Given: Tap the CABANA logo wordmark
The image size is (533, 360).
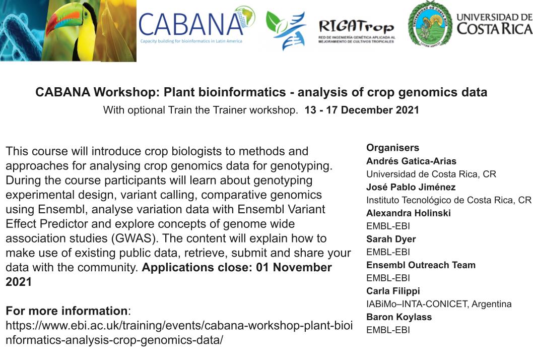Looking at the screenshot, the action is [x=191, y=24].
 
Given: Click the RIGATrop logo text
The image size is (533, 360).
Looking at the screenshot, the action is [x=356, y=27].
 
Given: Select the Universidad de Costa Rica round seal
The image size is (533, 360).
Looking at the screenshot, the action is [x=430, y=24].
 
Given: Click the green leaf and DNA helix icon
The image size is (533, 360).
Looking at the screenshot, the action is [x=286, y=30].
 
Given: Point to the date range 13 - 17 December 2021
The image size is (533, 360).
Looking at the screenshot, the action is [x=362, y=110].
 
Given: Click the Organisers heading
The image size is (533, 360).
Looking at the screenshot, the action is [x=392, y=148].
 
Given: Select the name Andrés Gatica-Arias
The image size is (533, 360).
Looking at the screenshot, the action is [x=411, y=161].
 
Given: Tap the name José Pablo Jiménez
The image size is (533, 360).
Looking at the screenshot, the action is [x=411, y=187].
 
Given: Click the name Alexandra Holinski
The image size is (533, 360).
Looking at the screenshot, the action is [x=408, y=213].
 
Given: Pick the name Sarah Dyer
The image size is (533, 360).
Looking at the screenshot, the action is [x=391, y=239].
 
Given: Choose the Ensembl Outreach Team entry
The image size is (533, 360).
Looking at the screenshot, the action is [x=421, y=265].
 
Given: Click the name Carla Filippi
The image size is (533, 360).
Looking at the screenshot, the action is [x=393, y=291].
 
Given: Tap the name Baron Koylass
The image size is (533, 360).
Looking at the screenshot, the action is [x=399, y=317].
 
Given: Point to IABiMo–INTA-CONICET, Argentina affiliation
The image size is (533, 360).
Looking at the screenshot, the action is [x=439, y=304].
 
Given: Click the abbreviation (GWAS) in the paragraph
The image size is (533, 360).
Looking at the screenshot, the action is [x=135, y=238].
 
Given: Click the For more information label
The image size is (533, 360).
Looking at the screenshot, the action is [x=66, y=311].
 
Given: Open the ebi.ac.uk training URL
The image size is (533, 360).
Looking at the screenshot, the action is [x=179, y=332].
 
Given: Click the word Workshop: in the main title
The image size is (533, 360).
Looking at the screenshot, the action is [x=126, y=92].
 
